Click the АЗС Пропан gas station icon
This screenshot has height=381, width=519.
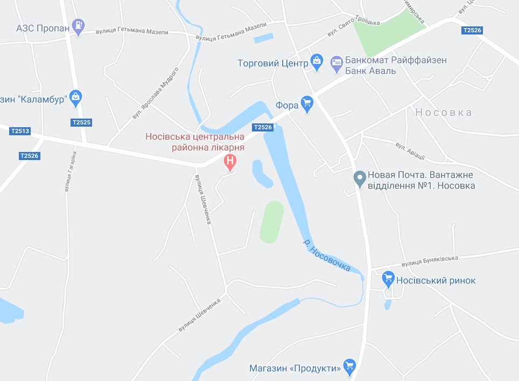coord(79,25)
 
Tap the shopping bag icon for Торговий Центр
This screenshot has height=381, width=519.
coord(317,62)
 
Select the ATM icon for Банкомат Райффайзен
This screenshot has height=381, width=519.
coord(336,63)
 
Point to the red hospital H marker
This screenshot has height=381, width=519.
coord(230,161)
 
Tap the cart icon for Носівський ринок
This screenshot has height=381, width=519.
coord(388,279)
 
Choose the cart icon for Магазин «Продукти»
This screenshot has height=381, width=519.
coord(349,366)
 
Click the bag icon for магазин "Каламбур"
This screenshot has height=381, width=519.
coord(75,97)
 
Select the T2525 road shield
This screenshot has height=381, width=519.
coord(81,122)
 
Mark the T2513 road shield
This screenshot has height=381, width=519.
coord(20,130)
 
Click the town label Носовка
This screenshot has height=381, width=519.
coord(443,113)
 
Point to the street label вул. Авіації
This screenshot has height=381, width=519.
coord(410,151)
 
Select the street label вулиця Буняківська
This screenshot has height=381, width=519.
coord(430,261)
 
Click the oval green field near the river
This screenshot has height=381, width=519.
coord(271,222)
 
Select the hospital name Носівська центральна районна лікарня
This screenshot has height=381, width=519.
coord(195,142)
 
